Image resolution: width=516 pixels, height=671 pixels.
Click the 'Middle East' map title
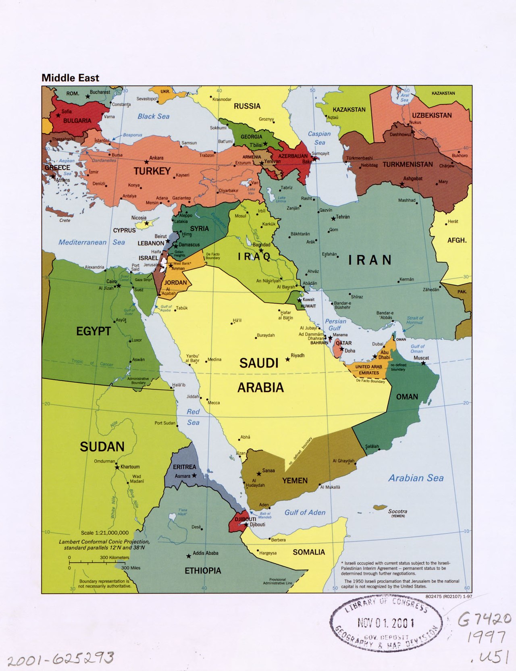point(70,78)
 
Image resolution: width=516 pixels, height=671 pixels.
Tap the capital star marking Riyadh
point(287,359)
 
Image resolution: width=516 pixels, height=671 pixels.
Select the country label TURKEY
point(152,171)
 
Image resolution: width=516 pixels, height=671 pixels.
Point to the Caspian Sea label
point(319,138)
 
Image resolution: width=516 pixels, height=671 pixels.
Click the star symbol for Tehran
point(333,218)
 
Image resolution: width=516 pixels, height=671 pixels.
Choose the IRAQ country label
point(254,256)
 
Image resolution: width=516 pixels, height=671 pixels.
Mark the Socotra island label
point(397,511)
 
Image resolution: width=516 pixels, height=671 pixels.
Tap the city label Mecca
point(214,403)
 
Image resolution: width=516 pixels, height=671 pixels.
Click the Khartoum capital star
point(117,467)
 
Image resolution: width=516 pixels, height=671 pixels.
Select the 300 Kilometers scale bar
point(99,561)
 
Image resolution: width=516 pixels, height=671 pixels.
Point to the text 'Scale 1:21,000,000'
point(105,533)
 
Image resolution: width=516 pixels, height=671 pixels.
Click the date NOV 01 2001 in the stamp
point(385,623)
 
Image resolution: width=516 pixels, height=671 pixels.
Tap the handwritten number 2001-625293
point(60,659)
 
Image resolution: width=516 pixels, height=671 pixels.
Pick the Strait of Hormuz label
point(415,320)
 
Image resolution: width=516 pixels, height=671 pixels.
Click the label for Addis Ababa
point(205,553)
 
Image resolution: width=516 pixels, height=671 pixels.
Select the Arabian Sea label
point(416,478)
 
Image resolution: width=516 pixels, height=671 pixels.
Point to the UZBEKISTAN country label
point(432,115)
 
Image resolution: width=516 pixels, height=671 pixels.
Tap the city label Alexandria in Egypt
point(94,267)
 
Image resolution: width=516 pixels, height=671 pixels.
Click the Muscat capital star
point(423,363)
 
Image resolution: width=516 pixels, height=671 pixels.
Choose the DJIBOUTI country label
point(245,519)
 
